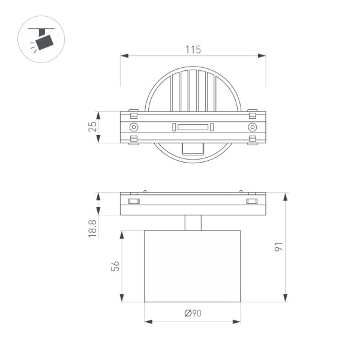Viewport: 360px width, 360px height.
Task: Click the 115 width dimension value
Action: [x=193, y=50]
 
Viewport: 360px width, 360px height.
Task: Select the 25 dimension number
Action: [x=92, y=127]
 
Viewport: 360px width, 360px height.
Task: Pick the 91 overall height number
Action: [x=295, y=248]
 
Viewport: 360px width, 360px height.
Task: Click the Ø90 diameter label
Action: [x=193, y=313]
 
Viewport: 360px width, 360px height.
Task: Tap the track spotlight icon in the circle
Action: [x=41, y=40]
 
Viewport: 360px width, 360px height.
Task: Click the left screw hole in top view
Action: [x=134, y=127]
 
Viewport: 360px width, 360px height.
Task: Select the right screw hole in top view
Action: [x=252, y=127]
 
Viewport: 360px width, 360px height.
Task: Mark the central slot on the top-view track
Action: [x=193, y=127]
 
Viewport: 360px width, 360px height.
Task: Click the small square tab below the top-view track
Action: [x=193, y=149]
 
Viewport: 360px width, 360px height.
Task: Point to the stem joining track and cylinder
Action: [x=193, y=223]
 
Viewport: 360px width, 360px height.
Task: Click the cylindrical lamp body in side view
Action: [x=193, y=265]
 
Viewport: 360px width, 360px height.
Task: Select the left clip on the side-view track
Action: [x=134, y=201]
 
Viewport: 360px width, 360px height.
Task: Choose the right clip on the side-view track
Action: [x=252, y=201]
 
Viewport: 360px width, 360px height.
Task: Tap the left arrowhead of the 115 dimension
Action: [x=124, y=56]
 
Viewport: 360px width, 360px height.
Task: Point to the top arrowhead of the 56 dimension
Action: [x=122, y=233]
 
